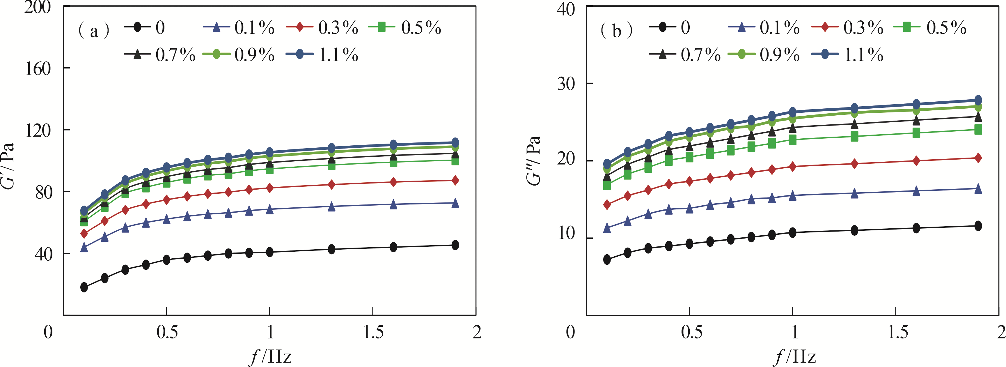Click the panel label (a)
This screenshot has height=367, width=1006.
[x=94, y=30]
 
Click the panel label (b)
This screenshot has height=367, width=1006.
[x=616, y=30]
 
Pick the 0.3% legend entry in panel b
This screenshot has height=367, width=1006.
[x=847, y=27]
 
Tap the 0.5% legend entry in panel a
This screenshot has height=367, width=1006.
[x=404, y=27]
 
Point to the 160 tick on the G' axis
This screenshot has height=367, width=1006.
[x=38, y=68]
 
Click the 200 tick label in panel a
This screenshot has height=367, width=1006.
[x=38, y=7]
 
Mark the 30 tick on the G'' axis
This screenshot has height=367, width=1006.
[x=566, y=83]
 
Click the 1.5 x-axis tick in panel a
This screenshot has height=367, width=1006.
[x=373, y=332]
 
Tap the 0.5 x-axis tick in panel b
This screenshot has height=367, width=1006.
[x=691, y=332]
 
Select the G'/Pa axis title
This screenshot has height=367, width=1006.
[x=9, y=166]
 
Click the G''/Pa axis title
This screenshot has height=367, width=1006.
[x=533, y=160]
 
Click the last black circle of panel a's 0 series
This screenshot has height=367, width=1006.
[x=455, y=245]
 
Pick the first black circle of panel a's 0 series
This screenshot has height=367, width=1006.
[x=84, y=287]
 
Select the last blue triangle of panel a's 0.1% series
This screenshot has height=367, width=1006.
[x=455, y=203]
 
